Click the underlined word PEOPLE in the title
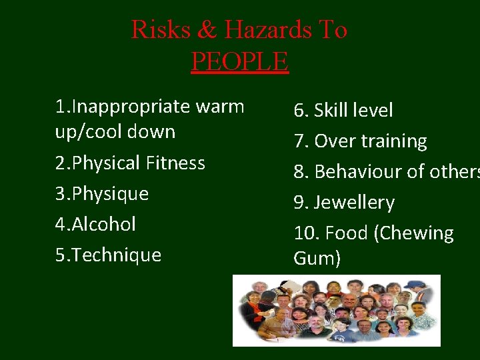(239, 61)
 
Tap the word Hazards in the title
(267, 30)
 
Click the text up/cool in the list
(89, 131)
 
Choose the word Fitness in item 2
(174, 163)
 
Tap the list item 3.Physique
(102, 194)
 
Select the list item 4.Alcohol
(95, 224)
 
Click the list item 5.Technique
(108, 255)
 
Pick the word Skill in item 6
(333, 110)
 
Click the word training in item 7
(396, 141)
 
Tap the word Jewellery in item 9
(354, 202)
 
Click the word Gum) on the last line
(317, 258)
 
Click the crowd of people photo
(336, 311)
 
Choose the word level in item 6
(373, 110)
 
